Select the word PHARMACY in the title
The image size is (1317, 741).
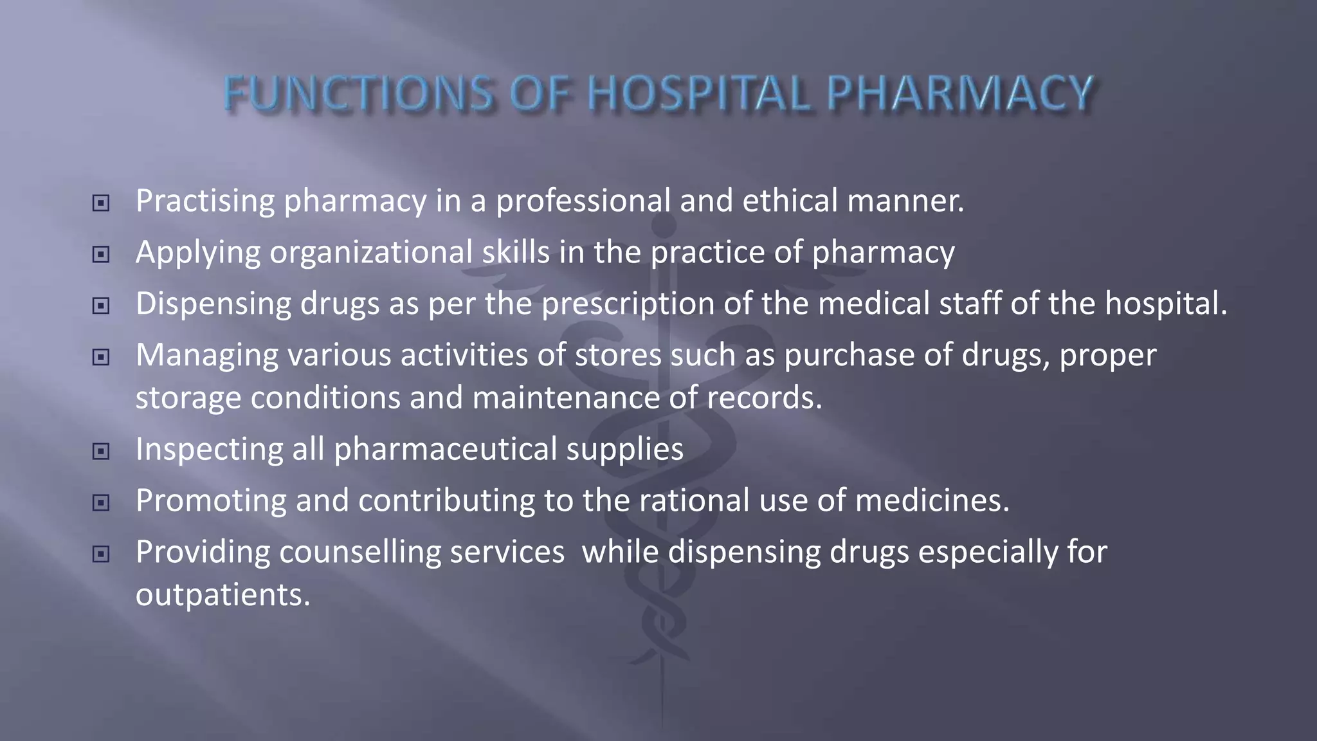click(x=959, y=94)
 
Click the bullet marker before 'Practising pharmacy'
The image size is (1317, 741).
click(x=101, y=203)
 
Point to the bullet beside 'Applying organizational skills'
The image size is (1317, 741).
click(x=101, y=255)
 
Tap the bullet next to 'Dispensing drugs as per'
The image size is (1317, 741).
click(x=101, y=306)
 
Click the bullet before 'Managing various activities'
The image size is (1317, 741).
click(x=101, y=357)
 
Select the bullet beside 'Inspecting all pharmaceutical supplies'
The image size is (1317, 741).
click(x=101, y=452)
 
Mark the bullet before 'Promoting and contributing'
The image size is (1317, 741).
click(x=101, y=502)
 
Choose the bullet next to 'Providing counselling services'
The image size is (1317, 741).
click(x=101, y=554)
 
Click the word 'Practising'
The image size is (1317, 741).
click(x=205, y=201)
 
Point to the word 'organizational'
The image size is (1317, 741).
click(x=371, y=252)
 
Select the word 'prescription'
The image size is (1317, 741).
click(x=628, y=304)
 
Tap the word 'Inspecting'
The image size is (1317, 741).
click(x=209, y=449)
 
